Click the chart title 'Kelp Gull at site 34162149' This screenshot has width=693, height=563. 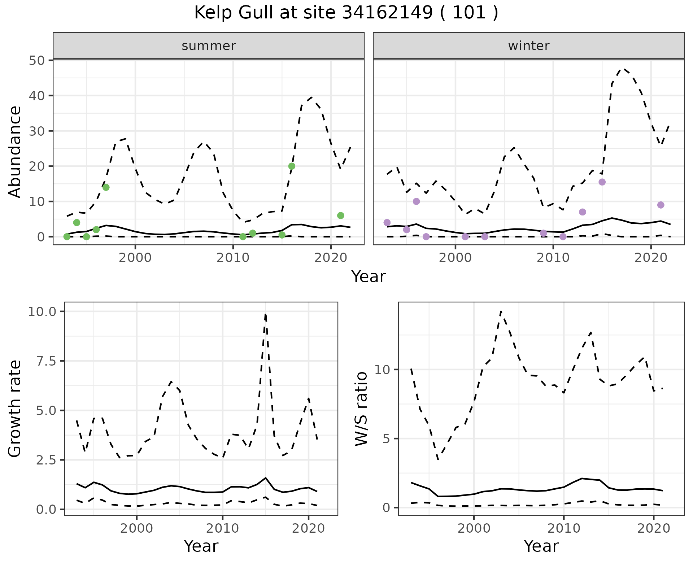tap(346, 13)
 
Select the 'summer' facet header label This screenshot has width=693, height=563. tap(209, 46)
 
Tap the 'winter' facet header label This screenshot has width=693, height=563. tap(528, 46)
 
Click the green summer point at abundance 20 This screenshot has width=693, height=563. tap(292, 166)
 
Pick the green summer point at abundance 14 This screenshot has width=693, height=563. tap(106, 187)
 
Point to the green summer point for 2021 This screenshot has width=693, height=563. tap(340, 215)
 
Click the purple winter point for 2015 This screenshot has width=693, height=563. tap(602, 182)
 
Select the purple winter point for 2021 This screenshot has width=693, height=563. tap(661, 205)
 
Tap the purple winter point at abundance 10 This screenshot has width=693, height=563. tap(416, 201)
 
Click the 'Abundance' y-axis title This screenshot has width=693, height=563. tap(15, 152)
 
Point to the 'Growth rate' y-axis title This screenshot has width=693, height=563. tap(15, 409)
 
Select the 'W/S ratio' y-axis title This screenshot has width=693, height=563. tap(361, 409)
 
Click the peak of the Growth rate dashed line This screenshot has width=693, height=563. tap(265, 314)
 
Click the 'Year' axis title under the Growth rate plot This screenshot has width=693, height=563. tap(201, 546)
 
